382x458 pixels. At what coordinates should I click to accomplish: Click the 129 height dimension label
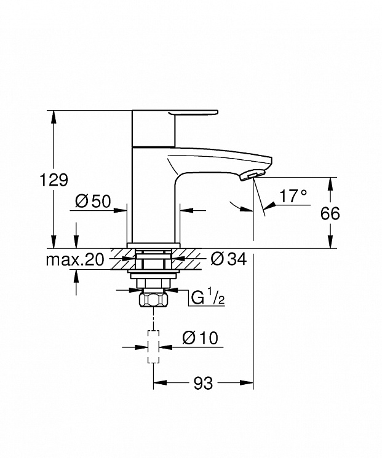54,180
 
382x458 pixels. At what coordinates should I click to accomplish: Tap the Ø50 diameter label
93,201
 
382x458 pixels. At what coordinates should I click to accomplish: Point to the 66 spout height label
330,213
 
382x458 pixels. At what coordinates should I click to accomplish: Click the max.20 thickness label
75,259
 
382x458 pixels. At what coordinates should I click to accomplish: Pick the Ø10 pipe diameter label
200,338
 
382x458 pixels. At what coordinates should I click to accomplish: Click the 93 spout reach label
203,383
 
